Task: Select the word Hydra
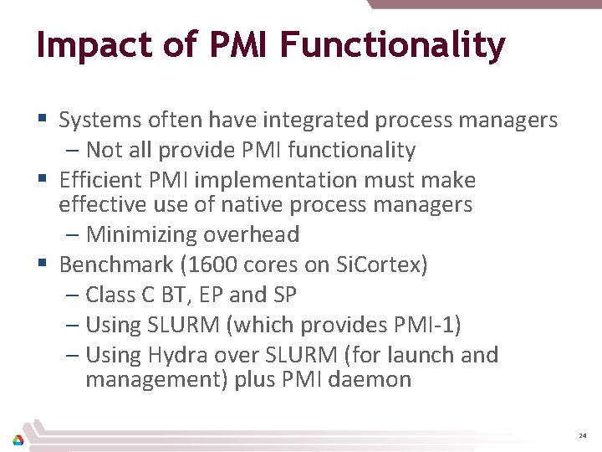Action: [x=176, y=355]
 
